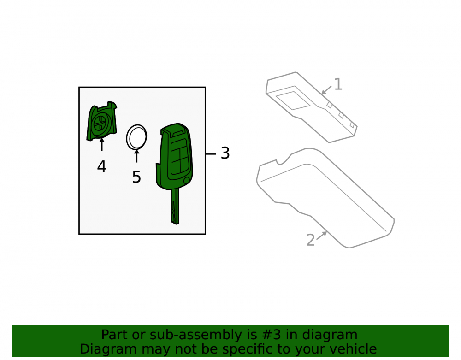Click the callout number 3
tap(225, 153)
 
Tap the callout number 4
tap(102, 166)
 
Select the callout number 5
tap(136, 177)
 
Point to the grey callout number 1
tap(338, 84)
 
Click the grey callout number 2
tap(310, 240)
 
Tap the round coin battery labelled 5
tap(136, 137)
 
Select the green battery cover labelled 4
tap(102, 121)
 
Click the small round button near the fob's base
tap(186, 180)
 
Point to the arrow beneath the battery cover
tap(102, 145)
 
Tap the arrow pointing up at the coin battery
tap(136, 156)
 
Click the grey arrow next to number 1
tap(326, 90)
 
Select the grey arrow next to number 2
tap(322, 236)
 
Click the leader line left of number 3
tap(211, 153)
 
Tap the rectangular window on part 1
tap(293, 100)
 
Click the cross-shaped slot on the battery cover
tap(100, 124)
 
